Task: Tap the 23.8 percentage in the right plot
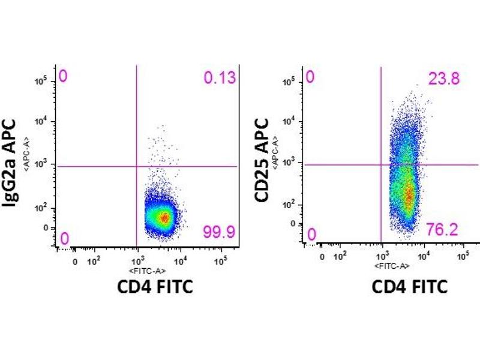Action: pos(445,78)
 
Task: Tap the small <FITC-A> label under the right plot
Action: pos(393,266)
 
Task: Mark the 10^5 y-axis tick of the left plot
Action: pos(44,80)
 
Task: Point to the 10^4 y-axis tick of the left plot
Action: pos(44,122)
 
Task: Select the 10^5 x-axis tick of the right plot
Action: pos(463,256)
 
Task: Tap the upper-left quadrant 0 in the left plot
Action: pos(62,76)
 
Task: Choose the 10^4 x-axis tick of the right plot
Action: pos(424,256)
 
